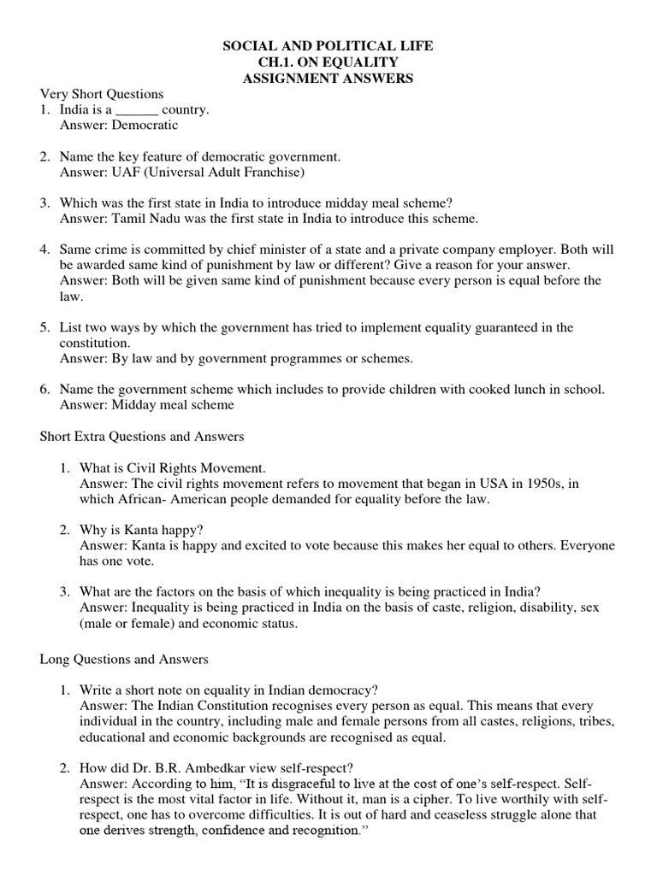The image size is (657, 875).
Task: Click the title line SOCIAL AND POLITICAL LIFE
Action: [328, 46]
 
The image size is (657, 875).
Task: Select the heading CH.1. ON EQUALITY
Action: [328, 62]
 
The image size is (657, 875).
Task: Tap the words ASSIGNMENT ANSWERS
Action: [328, 79]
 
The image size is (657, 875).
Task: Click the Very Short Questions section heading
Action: [102, 94]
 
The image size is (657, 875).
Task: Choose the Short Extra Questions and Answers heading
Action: [142, 437]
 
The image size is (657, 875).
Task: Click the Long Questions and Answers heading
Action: [124, 660]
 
